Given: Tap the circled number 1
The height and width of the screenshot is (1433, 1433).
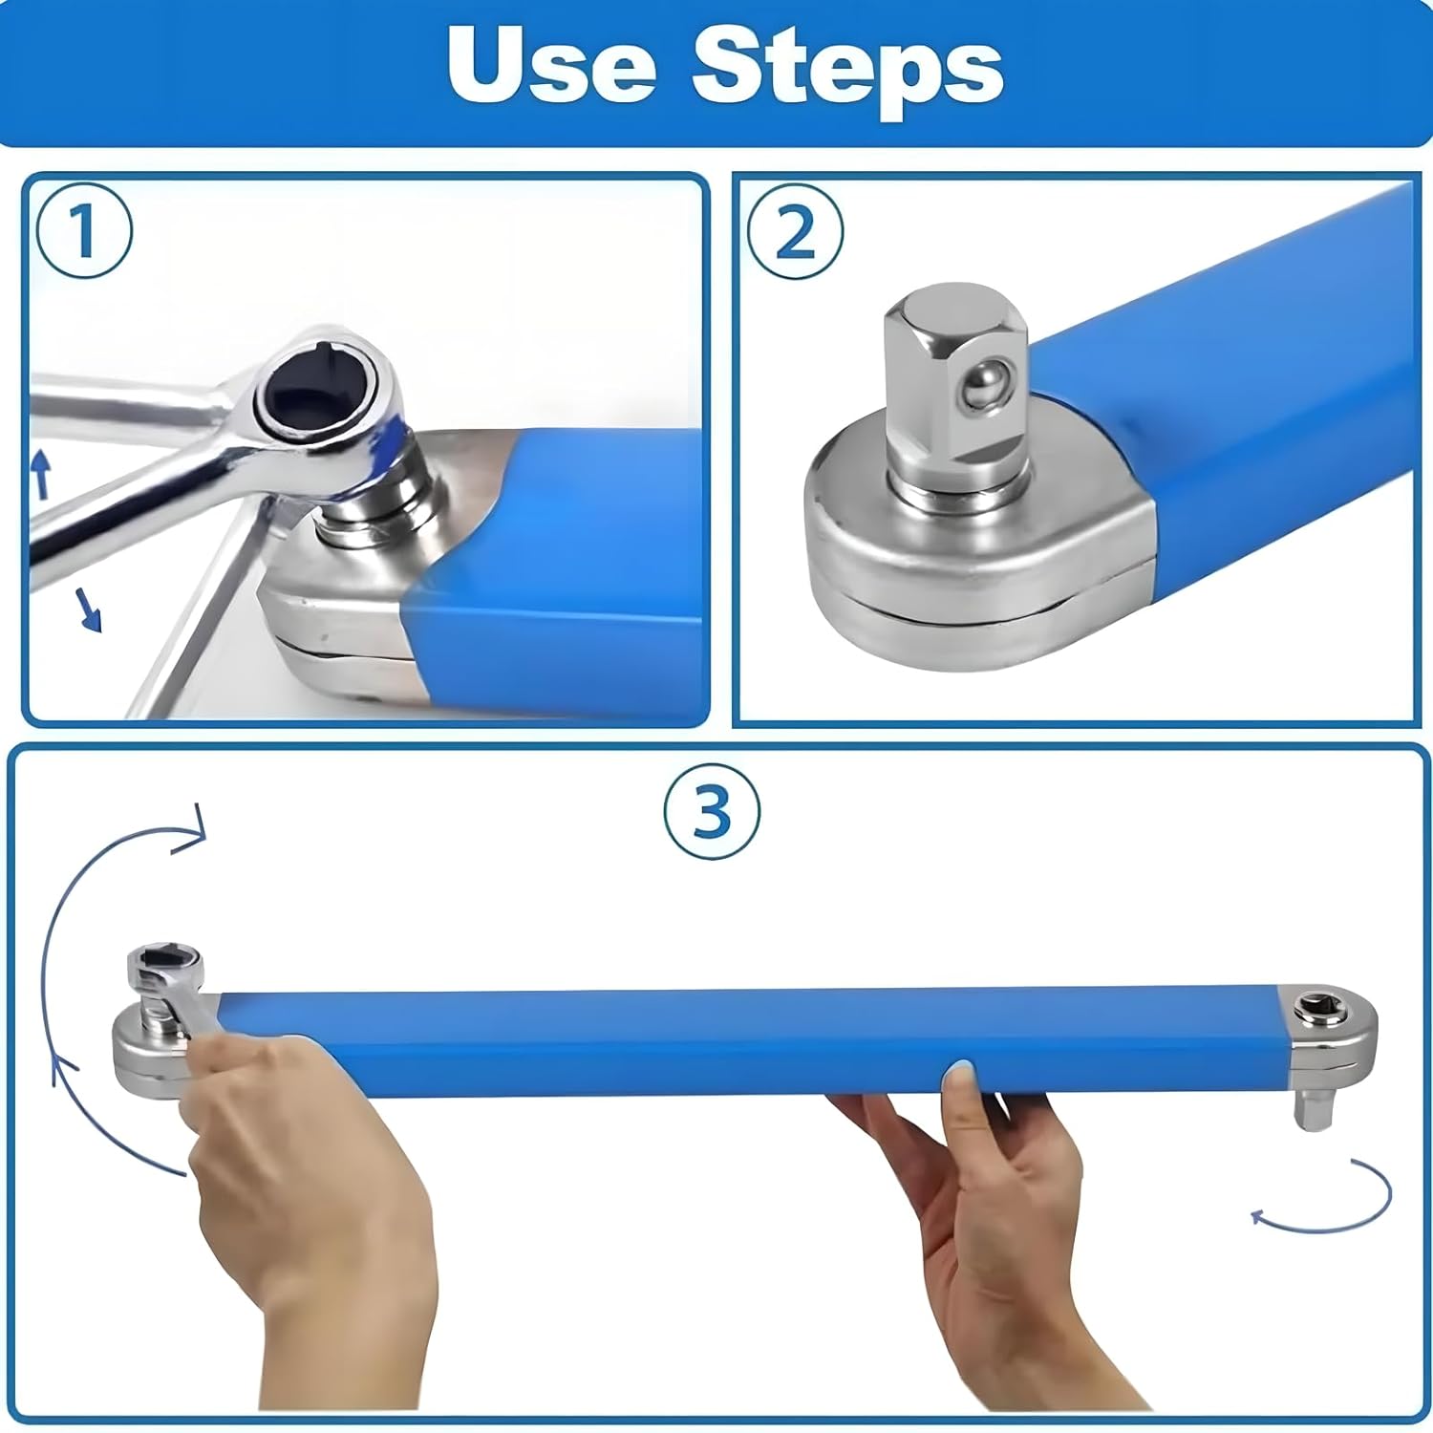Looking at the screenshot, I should pos(84,230).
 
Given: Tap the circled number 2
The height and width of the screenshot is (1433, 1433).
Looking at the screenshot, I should pos(795,230).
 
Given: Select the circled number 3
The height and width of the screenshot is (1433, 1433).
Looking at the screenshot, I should pos(712,812).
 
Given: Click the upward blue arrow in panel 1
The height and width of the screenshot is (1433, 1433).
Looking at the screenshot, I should pos(40,475).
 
